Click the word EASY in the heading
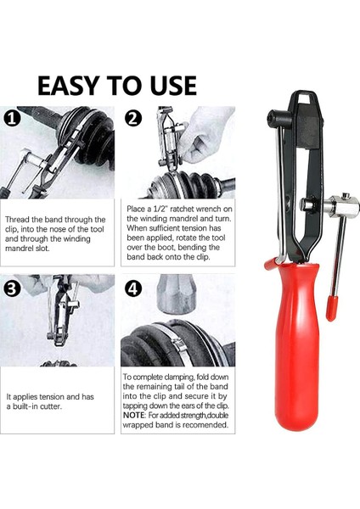click(68, 86)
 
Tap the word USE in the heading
click(173, 86)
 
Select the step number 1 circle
click(12, 119)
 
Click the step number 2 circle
click(133, 119)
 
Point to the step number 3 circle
click(12, 288)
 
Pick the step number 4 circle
click(133, 288)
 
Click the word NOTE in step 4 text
click(133, 415)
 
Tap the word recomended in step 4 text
click(205, 425)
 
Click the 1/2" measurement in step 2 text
click(162, 209)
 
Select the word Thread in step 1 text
click(15, 220)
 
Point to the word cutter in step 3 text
click(51, 406)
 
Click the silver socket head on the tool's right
click(343, 205)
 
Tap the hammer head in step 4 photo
click(177, 294)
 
